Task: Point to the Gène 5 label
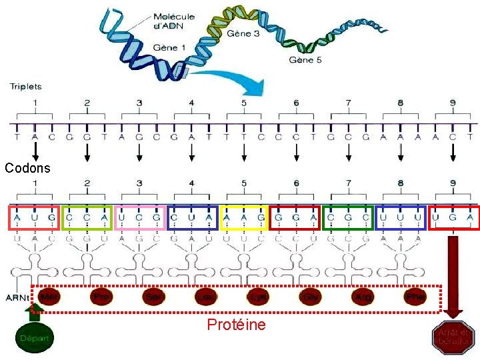[305, 60]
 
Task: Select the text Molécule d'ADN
[174, 21]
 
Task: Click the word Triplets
[25, 86]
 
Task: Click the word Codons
[27, 168]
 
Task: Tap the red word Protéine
[236, 325]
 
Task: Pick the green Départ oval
[35, 338]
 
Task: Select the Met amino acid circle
[49, 297]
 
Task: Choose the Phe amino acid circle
[415, 297]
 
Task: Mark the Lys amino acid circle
[258, 297]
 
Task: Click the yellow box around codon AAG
[244, 218]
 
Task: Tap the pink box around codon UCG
[139, 218]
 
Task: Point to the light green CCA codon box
[87, 218]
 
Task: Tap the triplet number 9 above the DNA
[453, 103]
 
